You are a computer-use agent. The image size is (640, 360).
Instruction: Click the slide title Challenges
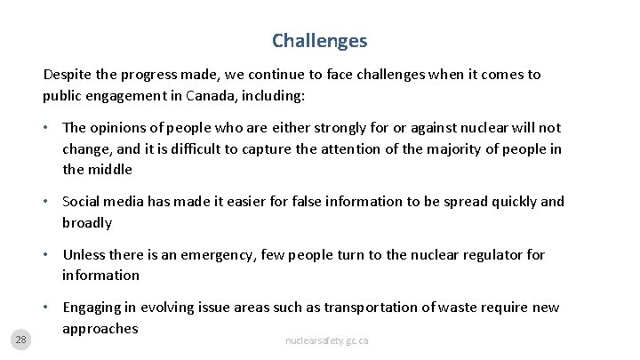319,41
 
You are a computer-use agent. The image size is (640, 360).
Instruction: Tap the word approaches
100,328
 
